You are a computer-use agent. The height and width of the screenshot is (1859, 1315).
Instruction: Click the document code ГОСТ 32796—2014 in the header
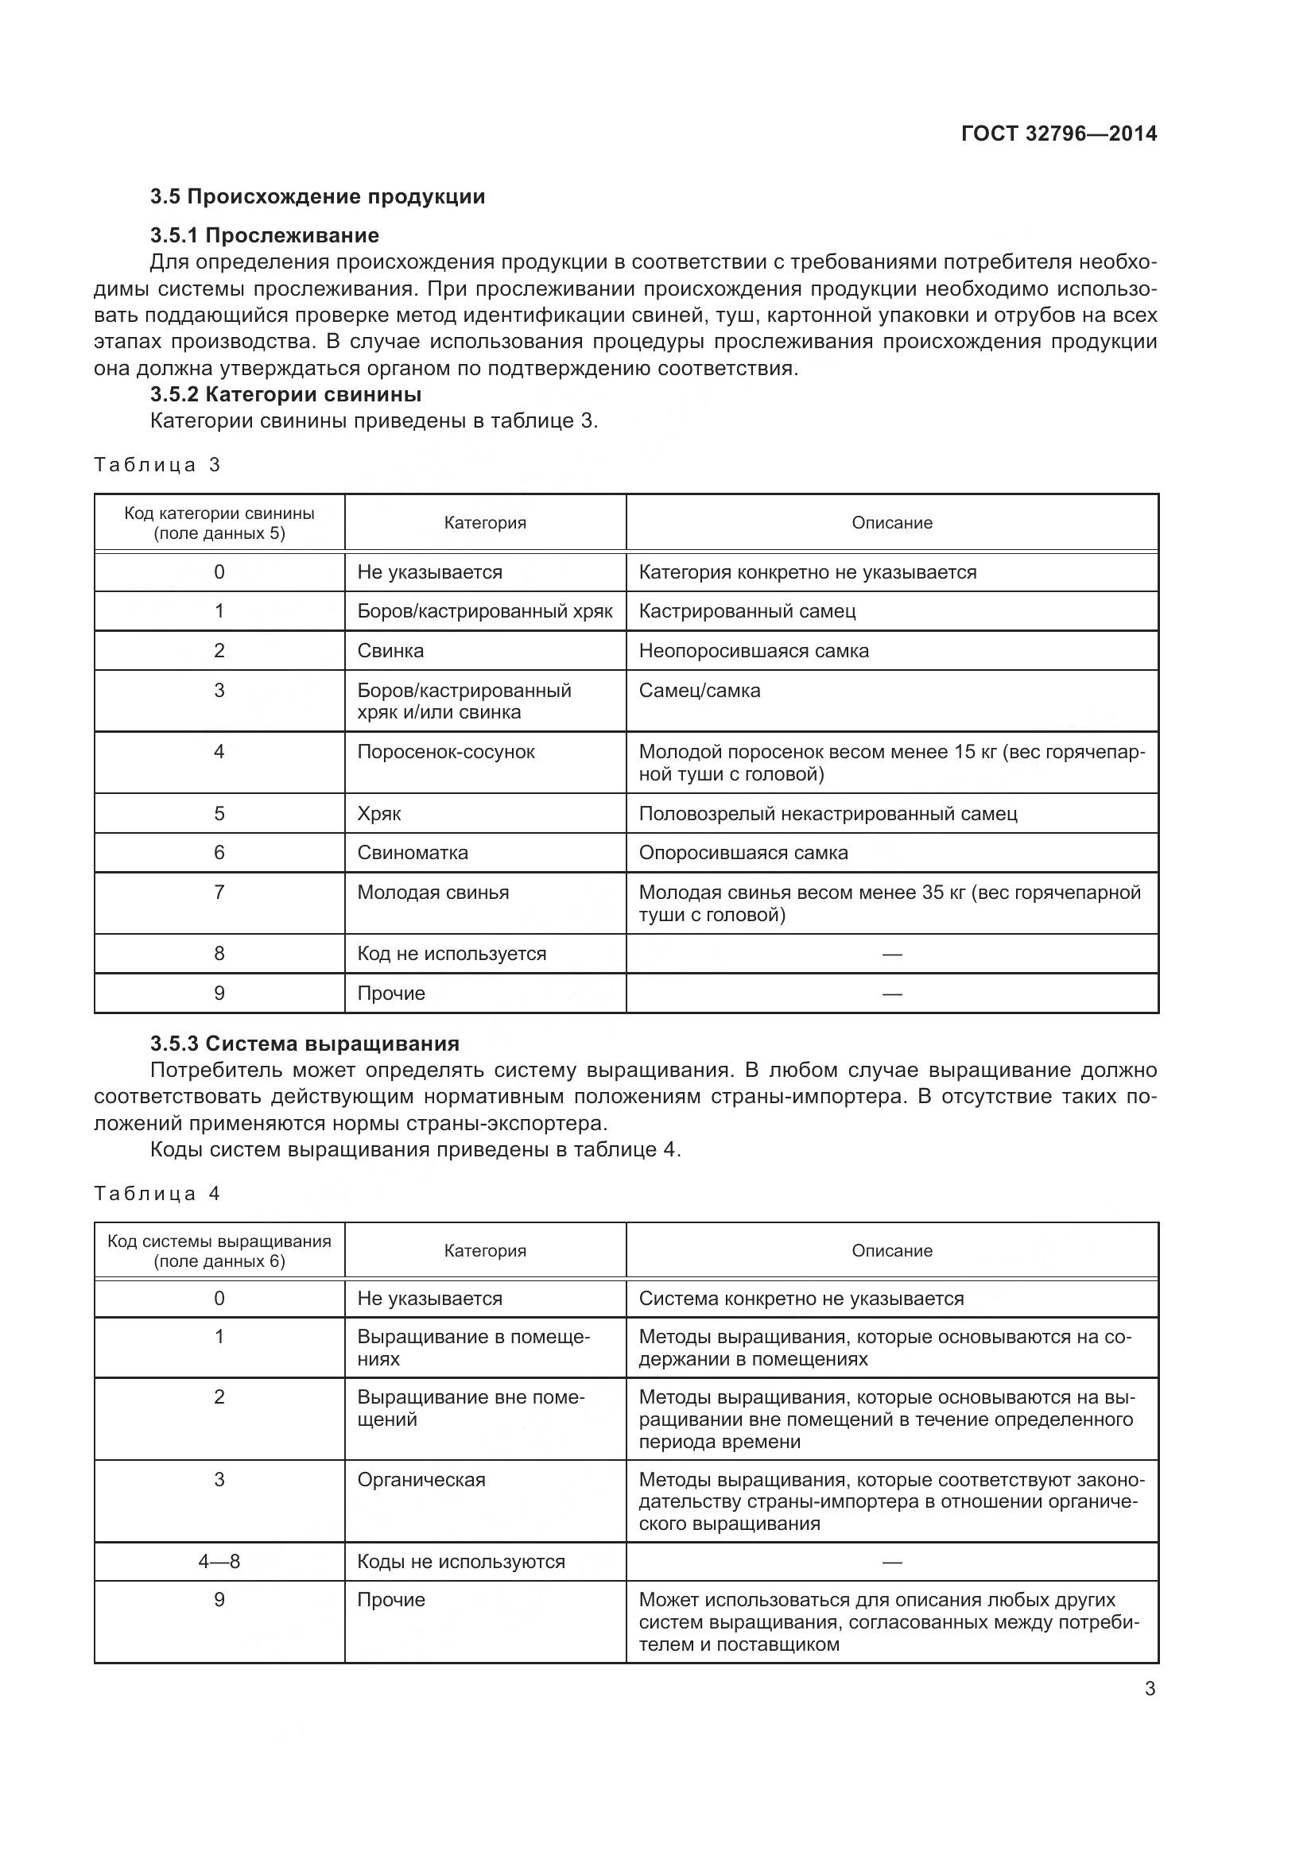tap(1058, 134)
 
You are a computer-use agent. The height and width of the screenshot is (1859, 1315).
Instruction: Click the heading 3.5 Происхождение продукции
tap(317, 197)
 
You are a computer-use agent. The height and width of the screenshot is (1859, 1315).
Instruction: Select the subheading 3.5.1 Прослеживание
tap(264, 235)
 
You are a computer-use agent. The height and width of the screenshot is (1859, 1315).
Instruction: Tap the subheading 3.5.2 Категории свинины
tap(285, 394)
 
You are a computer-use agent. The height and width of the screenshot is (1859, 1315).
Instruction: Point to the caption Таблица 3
tap(157, 465)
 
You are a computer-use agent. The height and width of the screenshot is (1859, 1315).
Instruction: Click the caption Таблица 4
tap(157, 1194)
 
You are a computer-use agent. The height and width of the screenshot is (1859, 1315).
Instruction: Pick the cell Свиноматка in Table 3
tap(412, 853)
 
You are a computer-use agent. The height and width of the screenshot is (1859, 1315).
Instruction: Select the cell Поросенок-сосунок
tap(445, 751)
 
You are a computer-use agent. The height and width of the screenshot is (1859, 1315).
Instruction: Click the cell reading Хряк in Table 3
tap(379, 813)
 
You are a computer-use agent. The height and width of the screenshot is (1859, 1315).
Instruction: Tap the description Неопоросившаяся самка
tap(753, 651)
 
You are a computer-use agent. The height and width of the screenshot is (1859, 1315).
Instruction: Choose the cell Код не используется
tap(451, 954)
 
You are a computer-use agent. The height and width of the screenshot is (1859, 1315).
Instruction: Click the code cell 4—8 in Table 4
tap(219, 1561)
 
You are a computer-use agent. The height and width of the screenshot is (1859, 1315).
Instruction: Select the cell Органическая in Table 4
tap(421, 1479)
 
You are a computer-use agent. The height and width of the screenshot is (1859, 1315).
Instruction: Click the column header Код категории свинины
tap(219, 523)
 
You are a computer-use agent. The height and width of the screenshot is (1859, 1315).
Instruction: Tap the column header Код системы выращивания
tap(219, 1251)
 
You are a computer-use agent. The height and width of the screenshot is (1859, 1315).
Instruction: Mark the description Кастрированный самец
tap(747, 611)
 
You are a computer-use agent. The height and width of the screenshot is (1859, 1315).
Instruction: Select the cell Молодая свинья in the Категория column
tap(433, 893)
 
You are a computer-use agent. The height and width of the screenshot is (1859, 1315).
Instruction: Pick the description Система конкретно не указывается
tap(801, 1299)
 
